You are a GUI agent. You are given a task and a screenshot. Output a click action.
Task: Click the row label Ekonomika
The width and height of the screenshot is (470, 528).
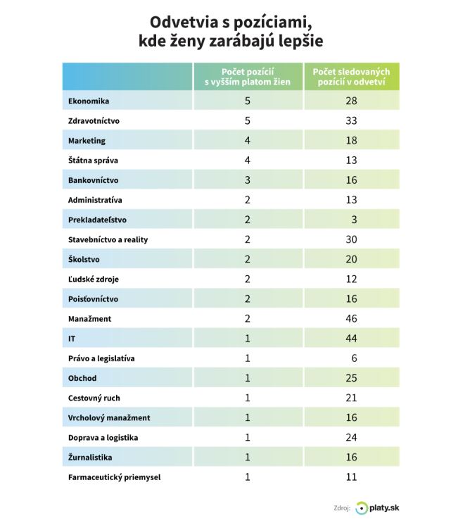[x=89, y=101]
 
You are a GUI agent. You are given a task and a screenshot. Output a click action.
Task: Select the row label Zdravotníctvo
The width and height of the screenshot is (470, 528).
[x=94, y=120]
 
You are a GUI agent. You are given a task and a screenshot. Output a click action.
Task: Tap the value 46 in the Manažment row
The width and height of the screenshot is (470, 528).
[x=351, y=319]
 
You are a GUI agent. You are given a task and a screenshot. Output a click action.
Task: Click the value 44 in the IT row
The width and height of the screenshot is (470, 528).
[x=351, y=339]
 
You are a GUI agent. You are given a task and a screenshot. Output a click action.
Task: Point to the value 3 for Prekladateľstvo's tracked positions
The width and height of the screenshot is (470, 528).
[x=354, y=220]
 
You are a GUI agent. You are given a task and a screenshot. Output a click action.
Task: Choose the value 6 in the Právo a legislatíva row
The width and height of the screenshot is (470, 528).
[x=354, y=358]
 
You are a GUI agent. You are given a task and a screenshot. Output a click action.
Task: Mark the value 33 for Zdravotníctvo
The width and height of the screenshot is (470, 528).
[x=351, y=120]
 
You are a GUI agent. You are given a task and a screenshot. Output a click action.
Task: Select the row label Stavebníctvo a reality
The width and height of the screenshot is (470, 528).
[x=108, y=239]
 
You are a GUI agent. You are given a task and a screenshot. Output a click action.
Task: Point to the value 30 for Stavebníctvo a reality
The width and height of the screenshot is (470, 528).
[x=351, y=239]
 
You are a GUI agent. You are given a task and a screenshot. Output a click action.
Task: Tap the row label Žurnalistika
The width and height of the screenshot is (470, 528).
[x=92, y=458]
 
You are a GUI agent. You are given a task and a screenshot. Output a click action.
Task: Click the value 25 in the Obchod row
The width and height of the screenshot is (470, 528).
[x=351, y=378]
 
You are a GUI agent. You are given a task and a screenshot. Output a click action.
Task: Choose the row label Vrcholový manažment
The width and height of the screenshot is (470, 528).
[x=109, y=418]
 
